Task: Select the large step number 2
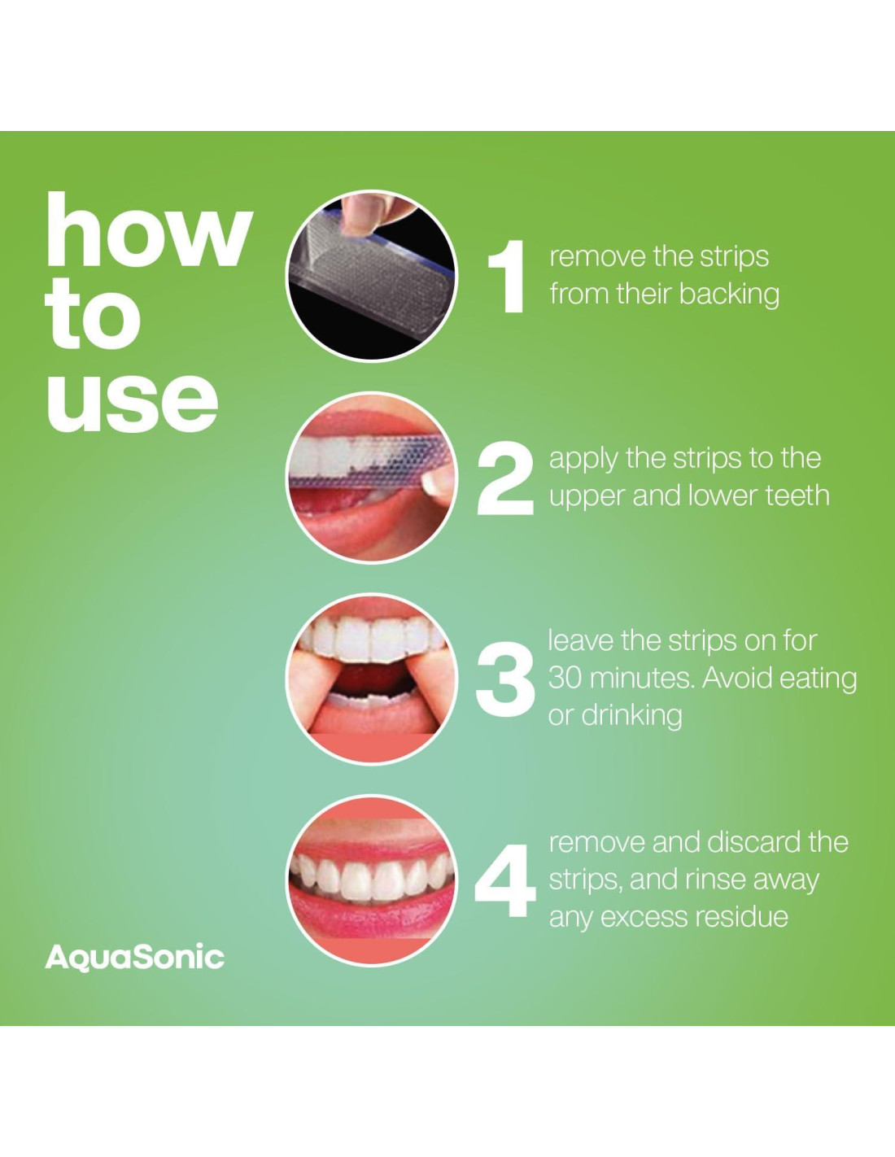pos(504,481)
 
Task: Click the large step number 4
pos(504,882)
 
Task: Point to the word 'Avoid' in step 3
pos(737,679)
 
